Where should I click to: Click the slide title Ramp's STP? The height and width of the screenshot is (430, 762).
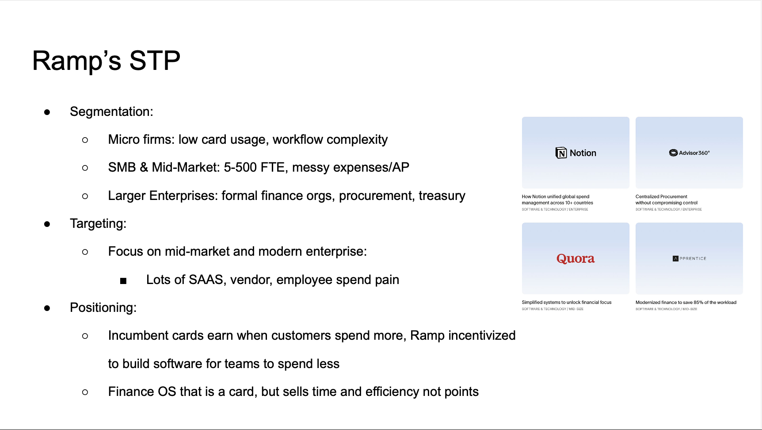coord(106,61)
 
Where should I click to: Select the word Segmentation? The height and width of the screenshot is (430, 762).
coord(110,111)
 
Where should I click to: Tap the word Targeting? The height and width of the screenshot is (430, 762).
coord(97,223)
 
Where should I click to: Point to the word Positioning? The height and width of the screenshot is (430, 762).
coord(103,307)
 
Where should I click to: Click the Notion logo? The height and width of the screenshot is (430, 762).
coord(575,153)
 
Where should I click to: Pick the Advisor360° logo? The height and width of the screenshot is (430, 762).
coord(689,153)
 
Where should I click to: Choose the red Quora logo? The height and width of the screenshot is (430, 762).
coord(575,258)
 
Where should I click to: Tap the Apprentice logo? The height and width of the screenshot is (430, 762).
coord(689,258)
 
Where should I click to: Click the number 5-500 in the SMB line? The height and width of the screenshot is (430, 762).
coord(240,167)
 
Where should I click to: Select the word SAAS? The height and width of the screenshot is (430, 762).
coord(206,280)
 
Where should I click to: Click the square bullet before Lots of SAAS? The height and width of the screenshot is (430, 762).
coord(123,280)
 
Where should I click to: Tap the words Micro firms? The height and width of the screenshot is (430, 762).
coord(141,139)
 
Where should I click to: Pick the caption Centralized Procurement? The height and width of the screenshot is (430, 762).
coord(661,196)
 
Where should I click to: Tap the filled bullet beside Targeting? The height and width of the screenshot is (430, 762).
coord(47,224)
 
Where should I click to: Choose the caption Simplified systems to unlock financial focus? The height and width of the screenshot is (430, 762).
coord(566,303)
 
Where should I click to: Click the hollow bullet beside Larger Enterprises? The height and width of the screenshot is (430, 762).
coord(85,196)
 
